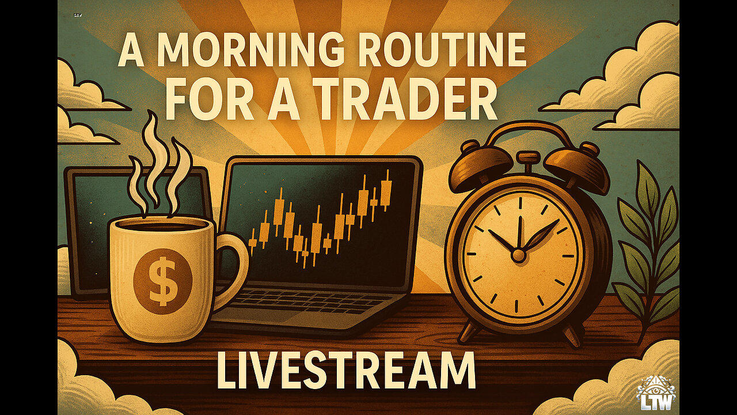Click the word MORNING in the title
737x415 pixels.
(236, 50)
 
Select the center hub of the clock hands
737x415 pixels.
(519, 255)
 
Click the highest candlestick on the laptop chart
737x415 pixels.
(388, 190)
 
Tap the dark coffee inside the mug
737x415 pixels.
(162, 227)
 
